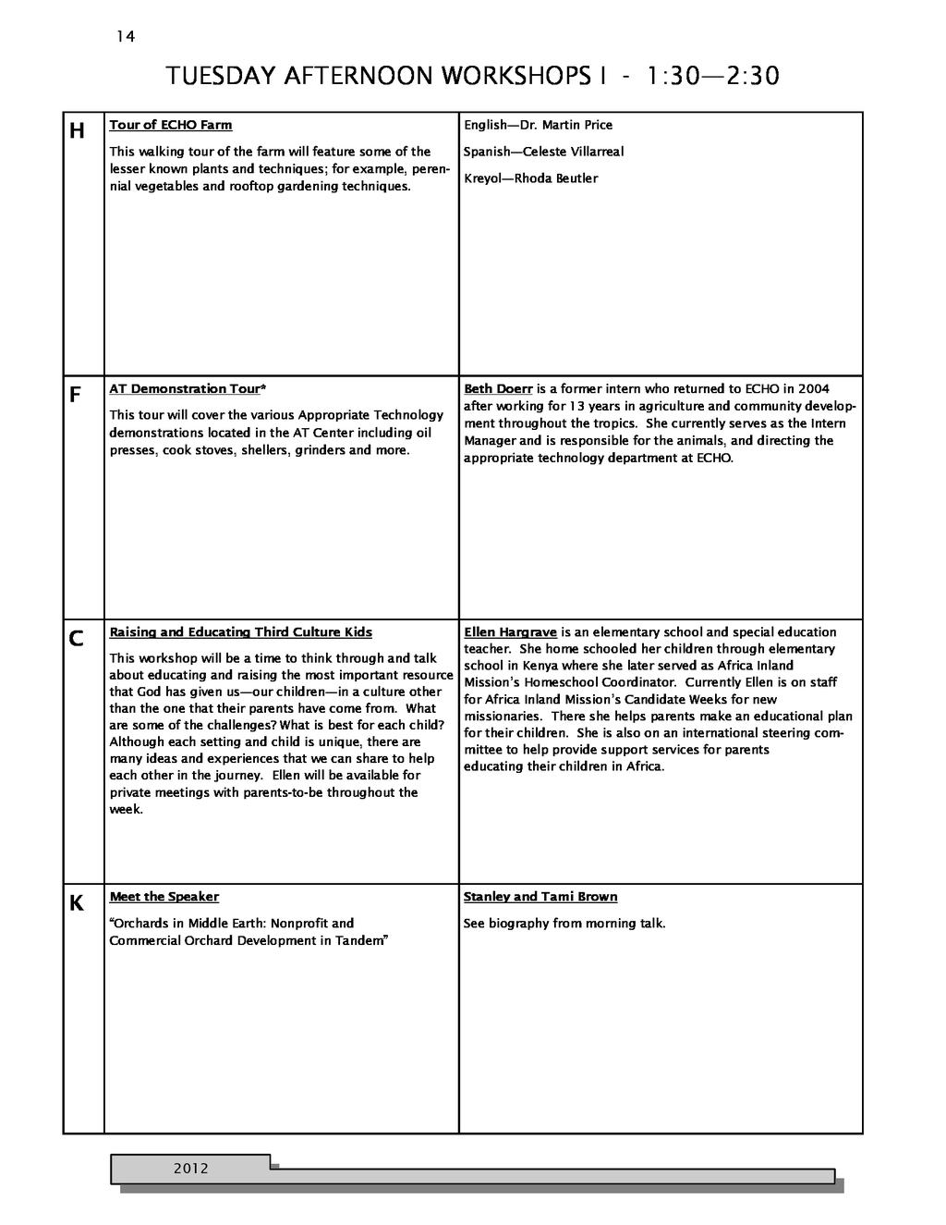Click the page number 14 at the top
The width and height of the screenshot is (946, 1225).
[x=126, y=37]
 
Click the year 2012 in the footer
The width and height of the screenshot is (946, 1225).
[x=191, y=1169]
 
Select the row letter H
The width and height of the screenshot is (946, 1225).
[x=78, y=131]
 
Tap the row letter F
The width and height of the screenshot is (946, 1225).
[x=76, y=396]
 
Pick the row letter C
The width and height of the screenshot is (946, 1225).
[x=77, y=639]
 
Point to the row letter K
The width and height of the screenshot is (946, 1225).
[x=77, y=903]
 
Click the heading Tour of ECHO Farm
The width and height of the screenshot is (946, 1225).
[x=171, y=125]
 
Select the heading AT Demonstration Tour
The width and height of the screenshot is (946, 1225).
[x=185, y=389]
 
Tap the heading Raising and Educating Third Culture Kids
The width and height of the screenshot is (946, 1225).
[x=241, y=632]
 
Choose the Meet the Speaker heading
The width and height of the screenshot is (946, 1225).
[x=164, y=897]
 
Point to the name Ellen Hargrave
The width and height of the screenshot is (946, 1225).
[x=510, y=632]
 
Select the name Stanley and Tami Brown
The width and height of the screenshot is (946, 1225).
[x=540, y=897]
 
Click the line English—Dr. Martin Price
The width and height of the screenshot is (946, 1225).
[x=538, y=125]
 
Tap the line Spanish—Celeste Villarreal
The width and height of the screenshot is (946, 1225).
[x=543, y=152]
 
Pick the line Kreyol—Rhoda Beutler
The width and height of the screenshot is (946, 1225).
[x=530, y=178]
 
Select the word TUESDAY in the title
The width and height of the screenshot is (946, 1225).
[x=214, y=76]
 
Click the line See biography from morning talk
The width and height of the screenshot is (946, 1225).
[x=564, y=924]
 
